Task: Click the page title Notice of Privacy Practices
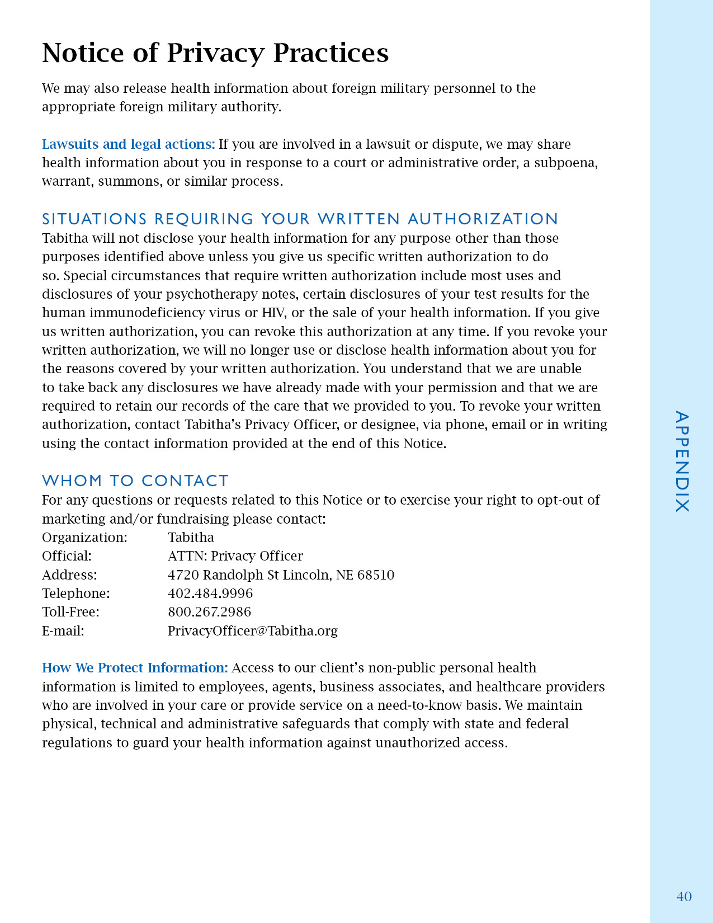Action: pos(215,53)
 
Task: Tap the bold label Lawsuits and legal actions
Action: pos(128,144)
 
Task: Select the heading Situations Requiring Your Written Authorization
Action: pos(300,219)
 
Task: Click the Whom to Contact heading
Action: pos(135,481)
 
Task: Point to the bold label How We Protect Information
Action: pos(135,668)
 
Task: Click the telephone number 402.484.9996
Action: pos(210,594)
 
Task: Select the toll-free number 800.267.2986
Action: pos(210,612)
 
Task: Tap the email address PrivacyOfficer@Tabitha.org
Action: pos(253,631)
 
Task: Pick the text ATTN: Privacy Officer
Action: pos(235,556)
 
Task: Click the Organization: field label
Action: pos(84,538)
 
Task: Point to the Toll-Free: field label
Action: pos(70,612)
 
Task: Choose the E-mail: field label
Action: pos(63,631)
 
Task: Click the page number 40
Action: pos(684,897)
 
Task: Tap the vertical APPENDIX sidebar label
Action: pos(682,462)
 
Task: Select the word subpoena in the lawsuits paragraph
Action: pos(565,163)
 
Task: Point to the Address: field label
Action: pos(69,575)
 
